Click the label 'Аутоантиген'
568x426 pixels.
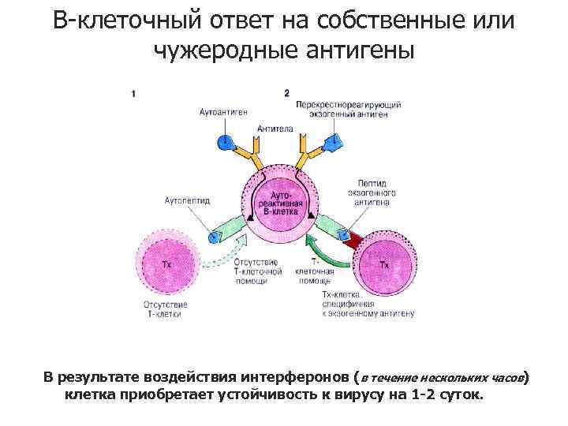coord(223,112)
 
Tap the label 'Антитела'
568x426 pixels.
coord(275,129)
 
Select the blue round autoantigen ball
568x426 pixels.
coord(226,143)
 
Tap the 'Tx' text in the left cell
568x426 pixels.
coord(166,264)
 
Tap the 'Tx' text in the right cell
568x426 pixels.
coord(384,265)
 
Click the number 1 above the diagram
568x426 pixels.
coord(135,93)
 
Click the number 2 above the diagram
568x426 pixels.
coord(287,93)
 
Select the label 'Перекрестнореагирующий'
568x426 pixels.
coord(349,105)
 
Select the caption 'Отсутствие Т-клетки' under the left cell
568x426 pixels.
coord(165,309)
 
